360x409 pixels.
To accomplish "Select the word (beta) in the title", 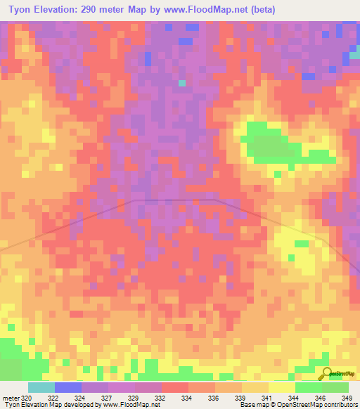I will point(260,10).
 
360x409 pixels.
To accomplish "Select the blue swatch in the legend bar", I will point(67,387).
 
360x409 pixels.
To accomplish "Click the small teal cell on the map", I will point(181,83).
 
